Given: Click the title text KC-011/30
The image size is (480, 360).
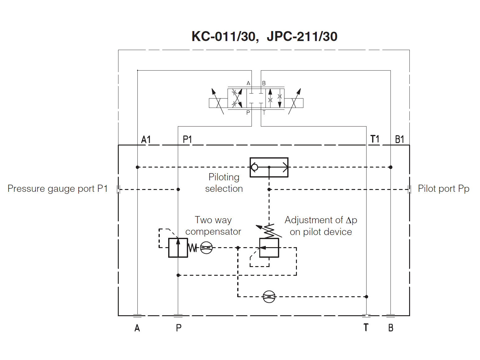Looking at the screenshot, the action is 225,37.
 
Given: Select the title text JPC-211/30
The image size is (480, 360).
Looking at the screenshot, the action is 302,36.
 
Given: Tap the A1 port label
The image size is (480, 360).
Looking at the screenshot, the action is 146,140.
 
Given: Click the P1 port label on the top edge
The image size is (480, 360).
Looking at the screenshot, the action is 187,140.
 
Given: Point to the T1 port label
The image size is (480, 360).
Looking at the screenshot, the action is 375,139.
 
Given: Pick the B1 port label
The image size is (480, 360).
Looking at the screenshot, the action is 399,140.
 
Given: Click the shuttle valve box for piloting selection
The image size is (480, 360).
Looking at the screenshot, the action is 269,168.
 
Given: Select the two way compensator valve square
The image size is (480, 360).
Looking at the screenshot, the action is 178,248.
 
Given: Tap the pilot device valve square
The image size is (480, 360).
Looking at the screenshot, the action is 269,248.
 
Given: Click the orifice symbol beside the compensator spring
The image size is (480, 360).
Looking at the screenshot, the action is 206,248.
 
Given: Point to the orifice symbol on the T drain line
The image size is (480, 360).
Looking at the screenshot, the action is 269,297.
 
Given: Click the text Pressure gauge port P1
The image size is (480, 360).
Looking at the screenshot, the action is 58,189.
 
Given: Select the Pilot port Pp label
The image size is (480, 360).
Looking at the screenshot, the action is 444,189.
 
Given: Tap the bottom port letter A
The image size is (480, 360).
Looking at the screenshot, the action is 137,328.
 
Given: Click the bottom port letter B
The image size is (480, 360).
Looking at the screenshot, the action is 390,328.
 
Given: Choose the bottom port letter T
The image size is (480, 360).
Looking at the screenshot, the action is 366,327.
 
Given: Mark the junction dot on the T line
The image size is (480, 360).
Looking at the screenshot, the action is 367,297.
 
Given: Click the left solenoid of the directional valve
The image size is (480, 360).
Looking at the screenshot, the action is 218,103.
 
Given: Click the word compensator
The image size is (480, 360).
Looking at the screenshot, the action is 213,232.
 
